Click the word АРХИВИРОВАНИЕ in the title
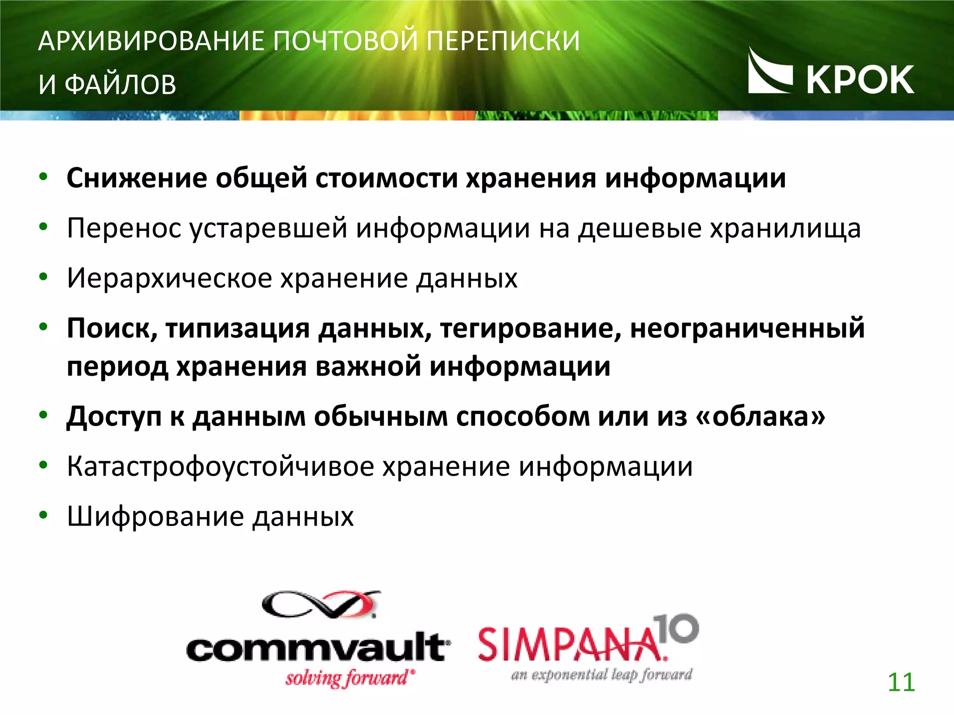[151, 41]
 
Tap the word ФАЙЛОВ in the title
[120, 85]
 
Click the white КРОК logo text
[860, 80]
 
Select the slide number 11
[901, 682]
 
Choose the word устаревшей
[268, 228]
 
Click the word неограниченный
[747, 329]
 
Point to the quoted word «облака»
[760, 416]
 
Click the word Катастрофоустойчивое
[220, 466]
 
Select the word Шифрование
[155, 517]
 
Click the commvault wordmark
[318, 647]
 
